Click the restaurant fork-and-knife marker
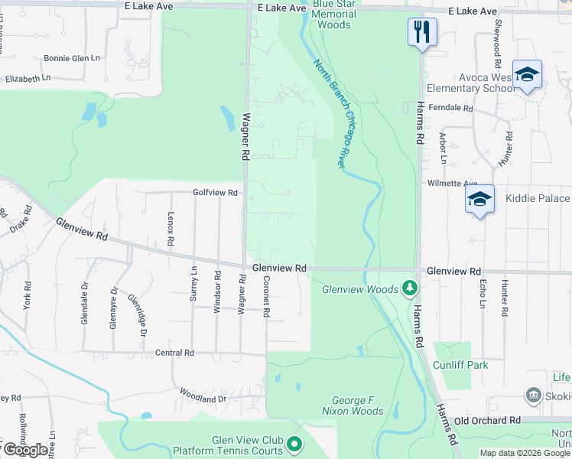[x=421, y=32]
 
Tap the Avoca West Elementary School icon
[x=527, y=75]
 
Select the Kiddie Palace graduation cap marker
[x=479, y=200]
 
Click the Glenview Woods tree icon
[x=411, y=288]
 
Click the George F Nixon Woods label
[x=357, y=405]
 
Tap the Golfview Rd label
[x=216, y=193]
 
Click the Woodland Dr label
[x=203, y=396]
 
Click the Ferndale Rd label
[x=451, y=109]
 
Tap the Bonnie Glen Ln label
[x=73, y=57]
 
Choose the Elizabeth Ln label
[x=28, y=79]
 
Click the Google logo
[x=24, y=450]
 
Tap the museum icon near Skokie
[x=533, y=396]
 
